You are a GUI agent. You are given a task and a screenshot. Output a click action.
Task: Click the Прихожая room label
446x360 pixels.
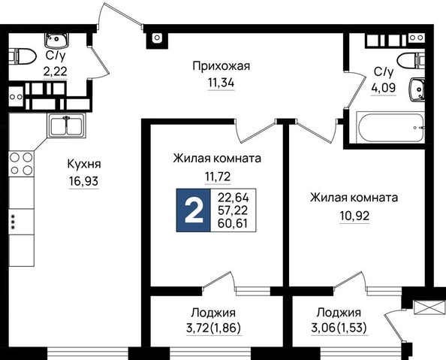tap(221, 66)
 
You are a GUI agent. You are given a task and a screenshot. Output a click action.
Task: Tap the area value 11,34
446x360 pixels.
tap(221, 83)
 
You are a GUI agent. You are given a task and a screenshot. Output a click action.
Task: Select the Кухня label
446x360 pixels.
tap(84, 164)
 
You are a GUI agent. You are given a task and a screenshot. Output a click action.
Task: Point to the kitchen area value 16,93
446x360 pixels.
tap(83, 181)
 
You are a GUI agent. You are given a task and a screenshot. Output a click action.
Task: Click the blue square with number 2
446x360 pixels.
tap(194, 210)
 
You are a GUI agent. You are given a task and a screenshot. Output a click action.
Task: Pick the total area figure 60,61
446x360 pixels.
tap(233, 223)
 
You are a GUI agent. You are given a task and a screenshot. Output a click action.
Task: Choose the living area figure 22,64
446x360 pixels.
tap(234, 197)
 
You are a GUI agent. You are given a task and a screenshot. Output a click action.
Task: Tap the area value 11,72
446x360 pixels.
tap(218, 177)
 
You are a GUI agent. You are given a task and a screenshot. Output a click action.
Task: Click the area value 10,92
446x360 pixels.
tap(354, 216)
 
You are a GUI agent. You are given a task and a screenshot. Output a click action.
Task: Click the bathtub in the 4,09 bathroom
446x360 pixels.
tap(391, 128)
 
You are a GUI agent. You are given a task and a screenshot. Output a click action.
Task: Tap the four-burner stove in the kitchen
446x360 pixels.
tap(21, 164)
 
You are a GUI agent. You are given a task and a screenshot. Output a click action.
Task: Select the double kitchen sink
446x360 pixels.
tap(67, 126)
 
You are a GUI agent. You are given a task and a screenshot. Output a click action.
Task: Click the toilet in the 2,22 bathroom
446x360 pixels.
tap(23, 56)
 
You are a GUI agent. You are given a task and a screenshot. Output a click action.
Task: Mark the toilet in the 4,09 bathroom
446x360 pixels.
tap(411, 60)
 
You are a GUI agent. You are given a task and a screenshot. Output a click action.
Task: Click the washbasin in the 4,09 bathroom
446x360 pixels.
tap(417, 89)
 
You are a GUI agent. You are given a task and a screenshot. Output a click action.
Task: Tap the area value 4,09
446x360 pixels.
tap(383, 88)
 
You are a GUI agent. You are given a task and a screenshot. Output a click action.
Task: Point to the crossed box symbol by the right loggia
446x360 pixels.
tap(429, 307)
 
